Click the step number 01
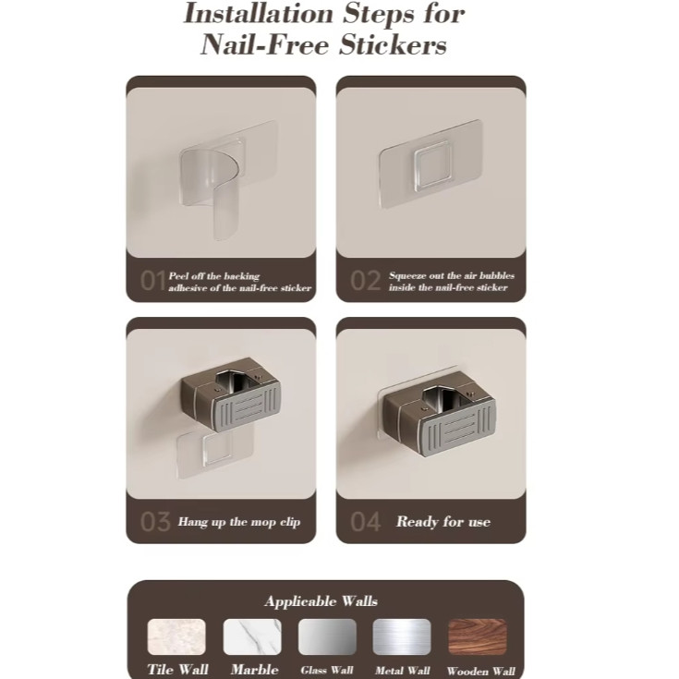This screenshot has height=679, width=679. [x=152, y=281]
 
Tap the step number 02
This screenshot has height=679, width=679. [x=366, y=281]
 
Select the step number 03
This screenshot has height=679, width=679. [x=155, y=522]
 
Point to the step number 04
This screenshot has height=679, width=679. [x=366, y=522]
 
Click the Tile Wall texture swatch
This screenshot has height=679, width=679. [x=176, y=637]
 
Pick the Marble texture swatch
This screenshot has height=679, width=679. [x=252, y=637]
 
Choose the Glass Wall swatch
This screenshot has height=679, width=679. [x=327, y=637]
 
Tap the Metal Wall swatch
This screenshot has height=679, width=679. [x=402, y=637]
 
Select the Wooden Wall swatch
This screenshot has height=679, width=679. [x=478, y=637]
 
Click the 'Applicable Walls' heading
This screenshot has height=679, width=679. [x=321, y=601]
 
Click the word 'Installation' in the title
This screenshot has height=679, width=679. [x=258, y=14]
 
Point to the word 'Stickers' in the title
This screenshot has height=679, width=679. [x=393, y=44]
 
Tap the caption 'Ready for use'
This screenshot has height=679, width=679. [x=443, y=522]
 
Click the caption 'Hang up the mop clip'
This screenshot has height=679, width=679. [x=239, y=522]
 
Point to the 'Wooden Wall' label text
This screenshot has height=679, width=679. [x=481, y=672]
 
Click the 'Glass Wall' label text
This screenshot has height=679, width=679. [x=327, y=671]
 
